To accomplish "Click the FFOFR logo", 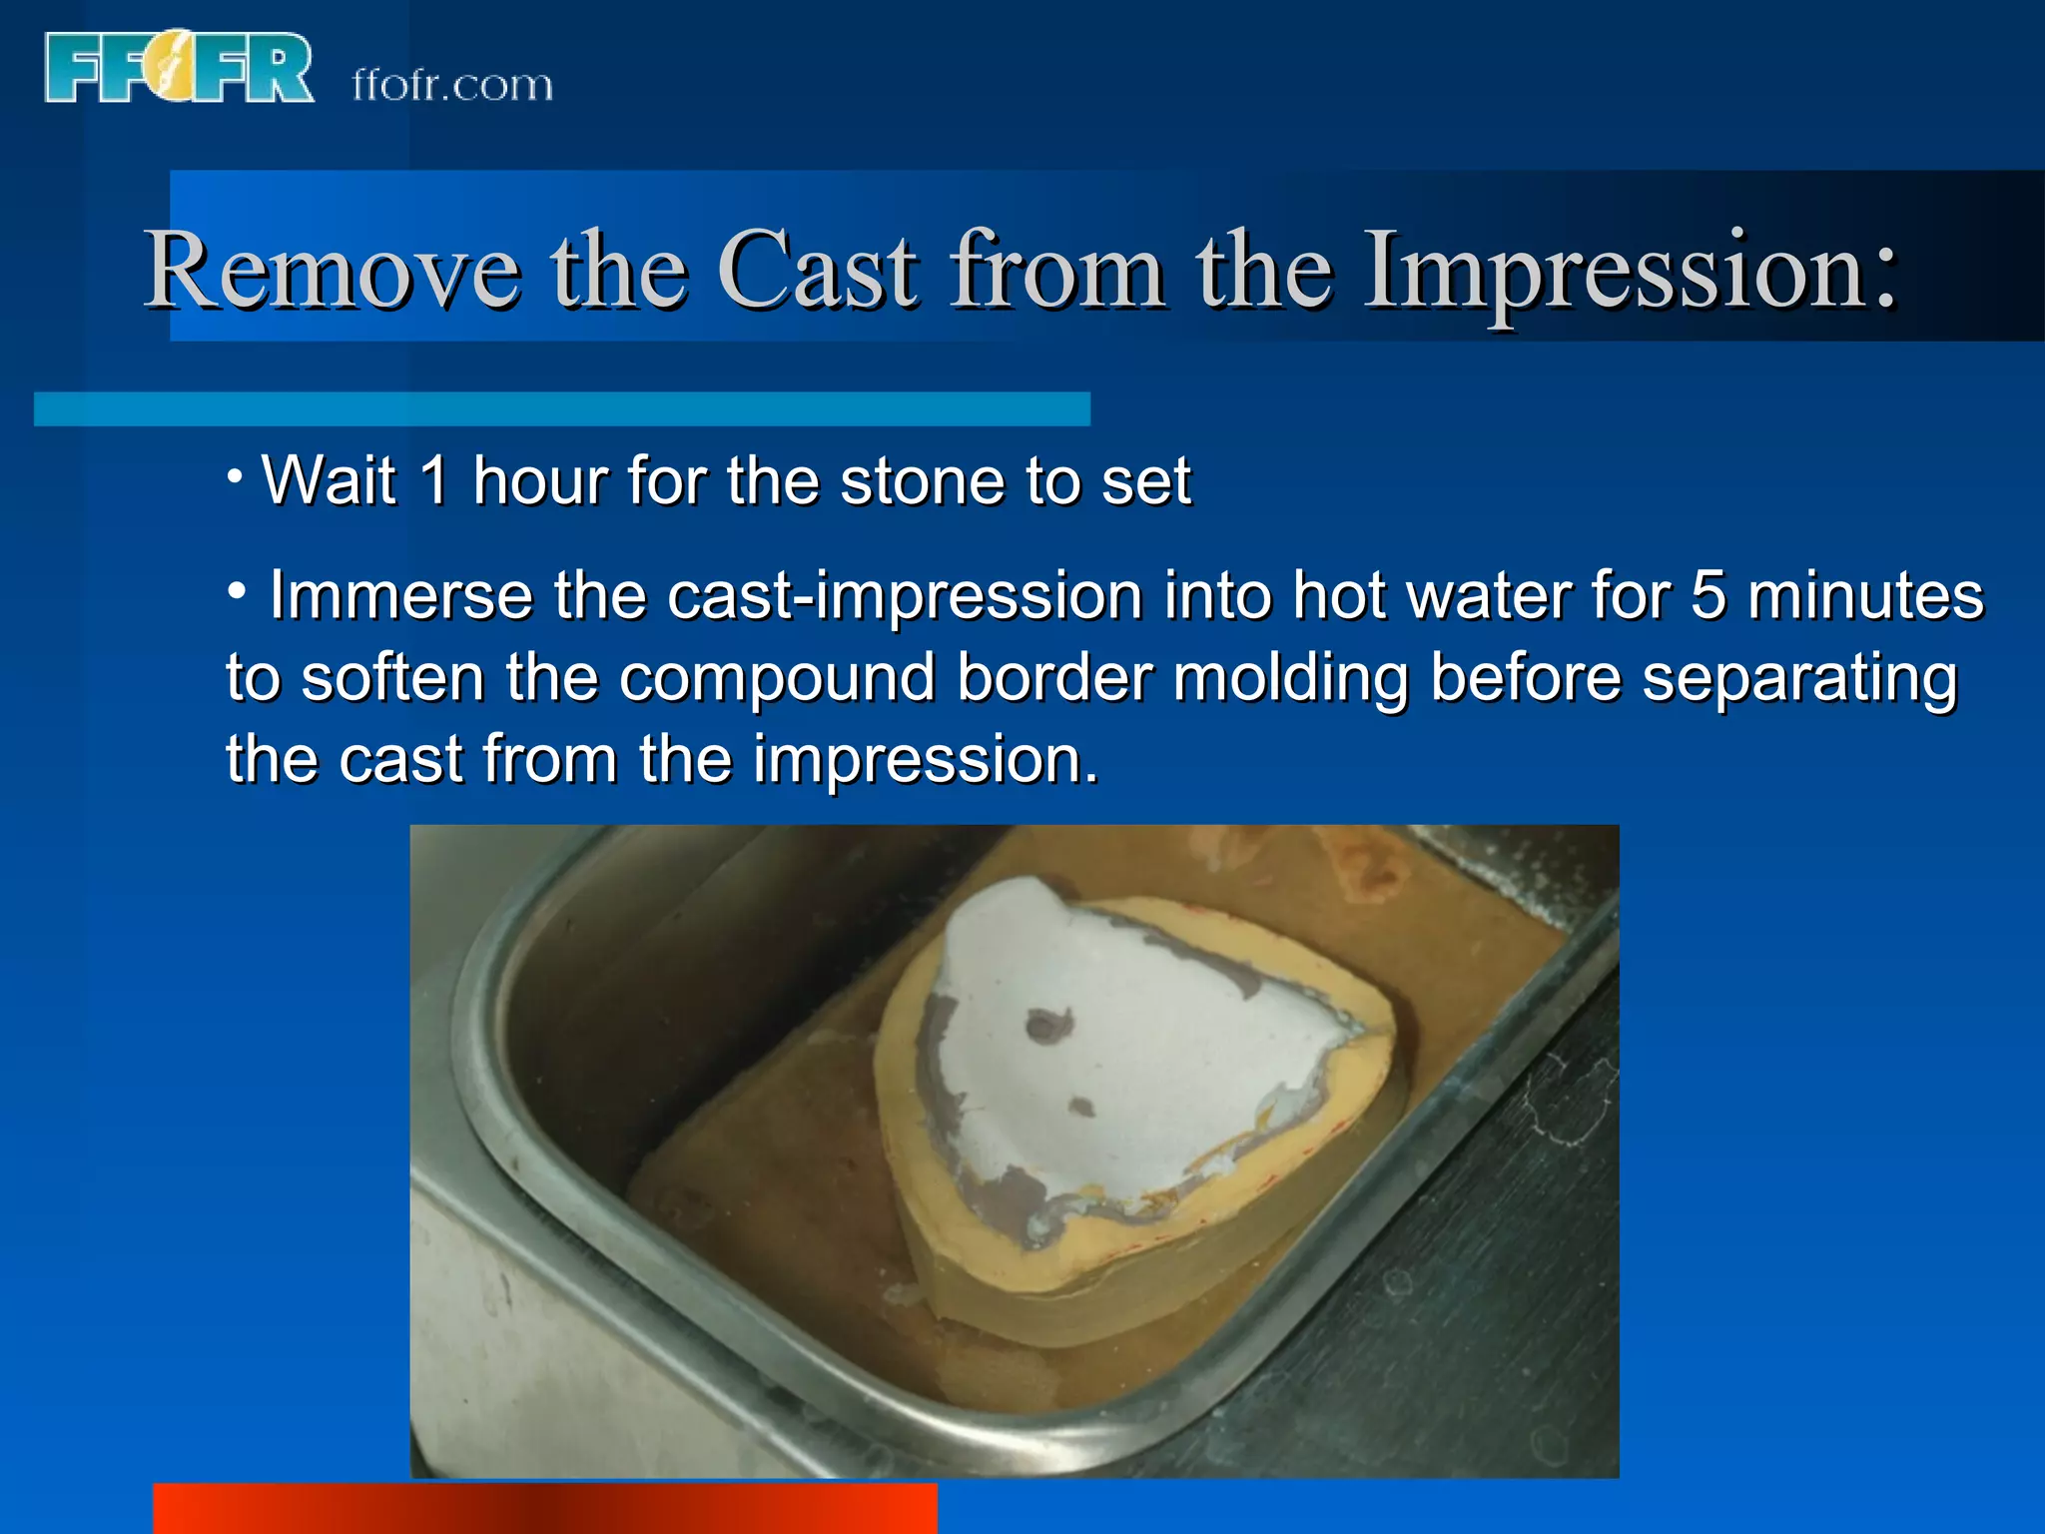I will coord(179,67).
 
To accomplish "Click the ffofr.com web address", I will coord(452,85).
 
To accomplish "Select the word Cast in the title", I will coord(818,270).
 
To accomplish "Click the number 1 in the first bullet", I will coord(434,480).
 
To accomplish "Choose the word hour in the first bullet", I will coord(540,480).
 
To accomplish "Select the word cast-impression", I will coord(905,597).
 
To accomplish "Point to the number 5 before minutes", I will coord(1707,595).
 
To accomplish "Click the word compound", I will coord(777,679).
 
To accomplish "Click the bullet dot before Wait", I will coord(235,475).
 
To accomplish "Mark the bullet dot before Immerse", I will coord(237,592).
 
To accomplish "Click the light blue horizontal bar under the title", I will coord(561,408).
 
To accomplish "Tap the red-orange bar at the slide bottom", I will coord(544,1508).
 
